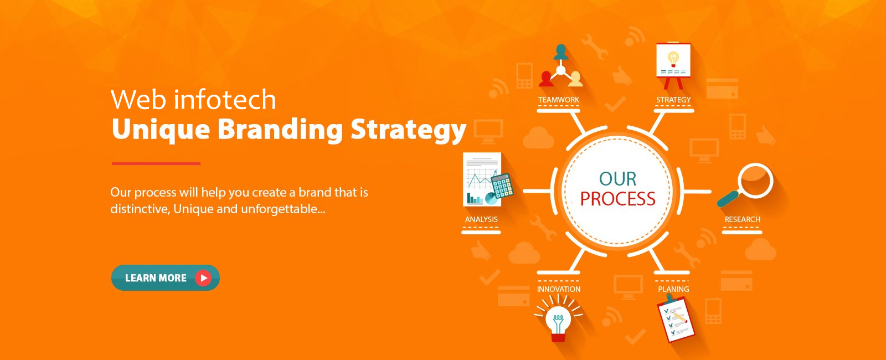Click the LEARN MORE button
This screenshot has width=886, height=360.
[x=166, y=277]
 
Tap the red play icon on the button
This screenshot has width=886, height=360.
[x=203, y=278]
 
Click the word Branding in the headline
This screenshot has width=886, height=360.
[x=280, y=130]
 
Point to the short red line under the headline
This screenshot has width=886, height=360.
[x=156, y=163]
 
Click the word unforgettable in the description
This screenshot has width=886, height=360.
[x=283, y=209]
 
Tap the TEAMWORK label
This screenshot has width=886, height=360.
[x=559, y=100]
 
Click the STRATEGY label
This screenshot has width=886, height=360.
[x=673, y=100]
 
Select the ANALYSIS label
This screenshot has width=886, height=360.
[x=481, y=219]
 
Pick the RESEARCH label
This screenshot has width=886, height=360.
[x=743, y=219]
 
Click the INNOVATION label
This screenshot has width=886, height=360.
[x=559, y=289]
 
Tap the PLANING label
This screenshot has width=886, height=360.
[x=673, y=289]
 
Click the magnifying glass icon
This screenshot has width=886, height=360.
[x=745, y=184]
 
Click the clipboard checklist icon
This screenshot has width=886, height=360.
[x=676, y=318]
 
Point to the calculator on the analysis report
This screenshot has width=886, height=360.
[x=502, y=186]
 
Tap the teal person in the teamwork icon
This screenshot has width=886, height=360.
[x=561, y=52]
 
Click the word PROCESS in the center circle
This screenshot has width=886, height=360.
[x=617, y=199]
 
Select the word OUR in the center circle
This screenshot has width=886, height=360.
[x=617, y=179]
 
